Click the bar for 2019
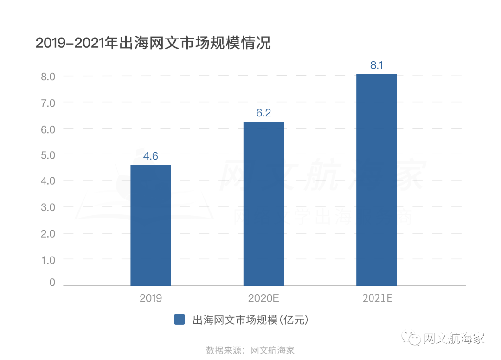coord(151,225)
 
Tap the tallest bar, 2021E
coord(376,180)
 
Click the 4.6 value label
coord(151,156)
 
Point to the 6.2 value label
coord(263,113)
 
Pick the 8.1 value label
coord(376,65)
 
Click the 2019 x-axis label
coord(151,298)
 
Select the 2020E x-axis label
coord(263,298)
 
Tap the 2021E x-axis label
coord(377,298)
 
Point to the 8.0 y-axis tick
coord(46,76)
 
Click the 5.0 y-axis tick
coord(46,154)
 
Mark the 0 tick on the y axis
coord(52,283)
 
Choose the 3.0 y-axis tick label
coord(46,207)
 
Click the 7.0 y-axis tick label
coord(46,102)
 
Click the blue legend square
coord(180,320)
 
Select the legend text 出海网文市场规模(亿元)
coord(250,320)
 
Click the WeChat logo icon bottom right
coord(411,338)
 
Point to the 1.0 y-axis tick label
coord(46,260)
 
